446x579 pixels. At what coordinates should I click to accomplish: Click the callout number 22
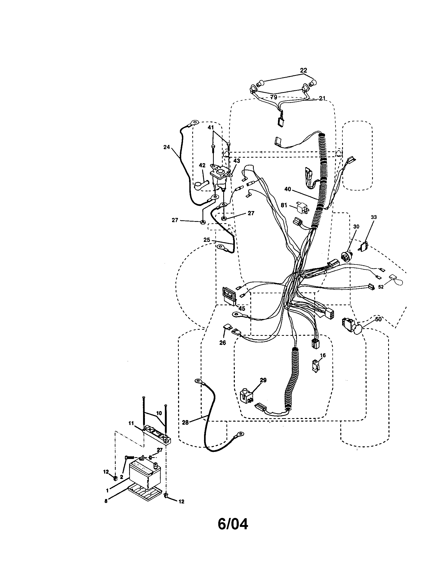[x=303, y=71]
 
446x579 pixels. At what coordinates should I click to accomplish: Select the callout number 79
[x=273, y=97]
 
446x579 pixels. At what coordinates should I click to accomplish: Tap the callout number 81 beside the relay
[x=284, y=205]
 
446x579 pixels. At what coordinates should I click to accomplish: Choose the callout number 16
[x=323, y=355]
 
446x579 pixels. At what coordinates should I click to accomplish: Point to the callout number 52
[x=381, y=287]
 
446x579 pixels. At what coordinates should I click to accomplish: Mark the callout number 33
[x=374, y=217]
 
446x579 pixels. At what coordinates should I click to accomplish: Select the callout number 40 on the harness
[x=288, y=189]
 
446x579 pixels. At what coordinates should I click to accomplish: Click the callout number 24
[x=166, y=147]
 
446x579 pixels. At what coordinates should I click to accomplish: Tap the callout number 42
[x=202, y=165]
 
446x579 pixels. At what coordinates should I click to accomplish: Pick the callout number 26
[x=222, y=343]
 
